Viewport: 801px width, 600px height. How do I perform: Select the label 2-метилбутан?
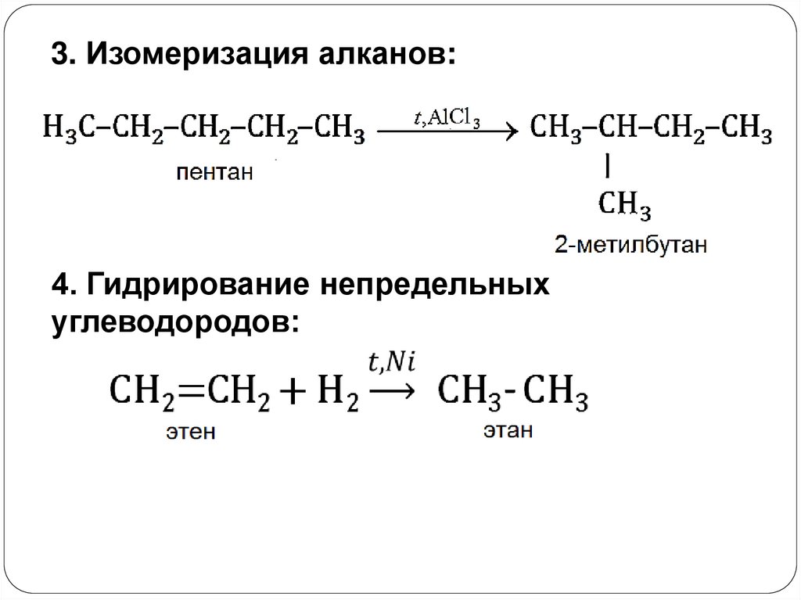(x=631, y=246)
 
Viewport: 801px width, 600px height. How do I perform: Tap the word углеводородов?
(x=174, y=322)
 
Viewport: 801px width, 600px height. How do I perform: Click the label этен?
(x=189, y=431)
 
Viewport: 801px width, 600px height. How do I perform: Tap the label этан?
(x=508, y=430)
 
